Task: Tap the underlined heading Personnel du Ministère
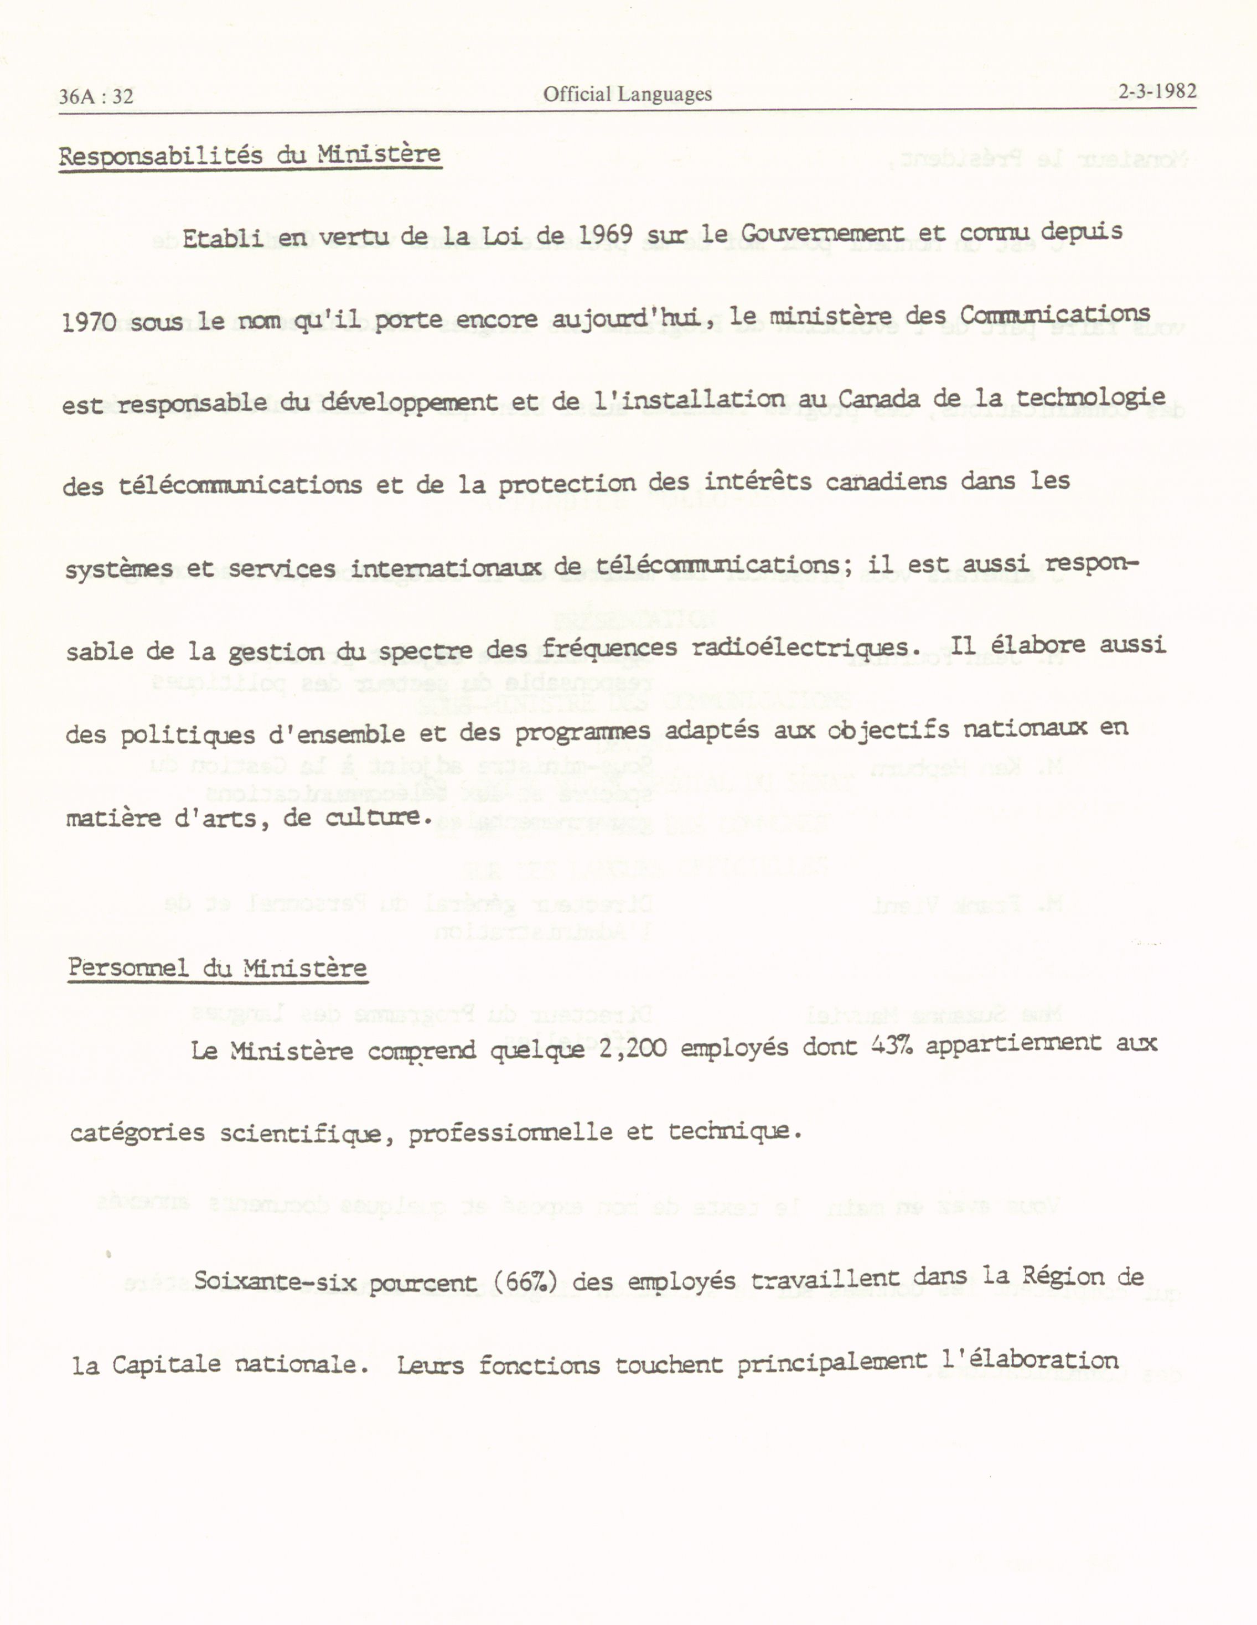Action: point(218,968)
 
